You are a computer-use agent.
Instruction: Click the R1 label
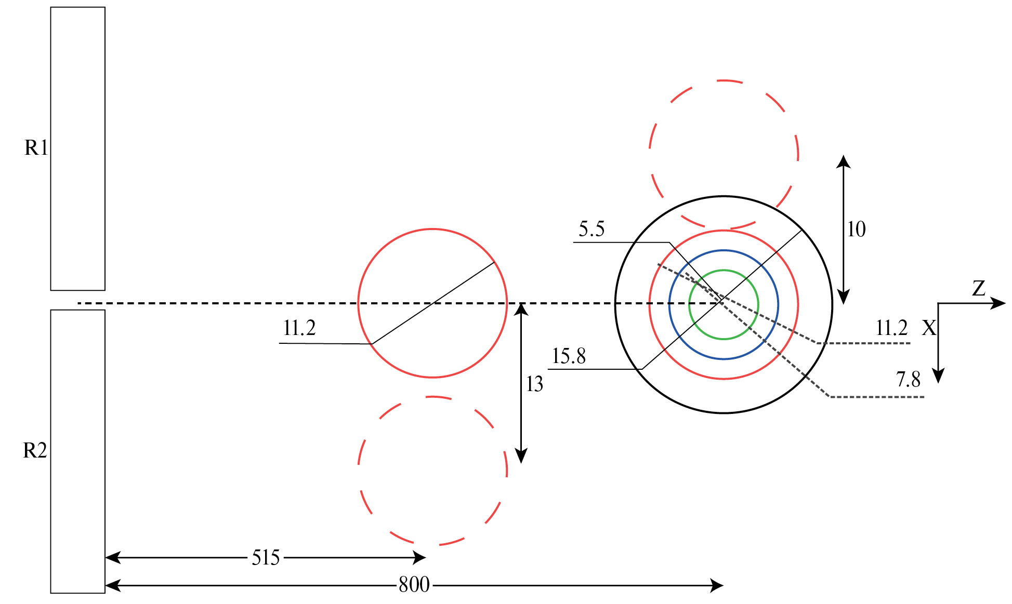click(x=36, y=148)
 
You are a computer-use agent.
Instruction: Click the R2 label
click(x=35, y=450)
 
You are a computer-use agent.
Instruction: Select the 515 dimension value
click(x=266, y=558)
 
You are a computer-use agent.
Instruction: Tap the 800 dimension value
click(x=414, y=585)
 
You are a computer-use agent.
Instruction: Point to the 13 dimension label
click(x=534, y=384)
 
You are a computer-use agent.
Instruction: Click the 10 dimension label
click(x=857, y=229)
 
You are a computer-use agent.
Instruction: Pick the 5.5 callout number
click(x=592, y=229)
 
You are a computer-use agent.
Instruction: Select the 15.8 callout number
click(x=569, y=356)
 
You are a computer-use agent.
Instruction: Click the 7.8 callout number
click(x=908, y=380)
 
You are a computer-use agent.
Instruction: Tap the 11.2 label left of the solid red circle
click(x=299, y=328)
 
